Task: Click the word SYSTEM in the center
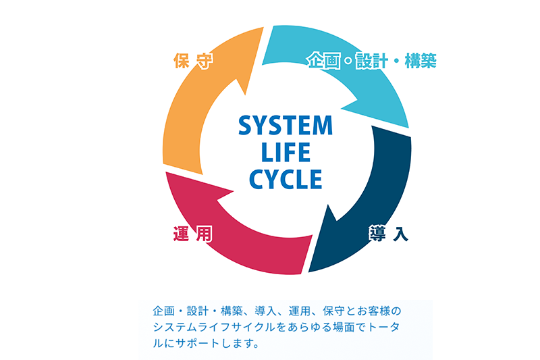point(286,126)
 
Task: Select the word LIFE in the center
point(286,153)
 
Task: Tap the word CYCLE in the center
point(286,179)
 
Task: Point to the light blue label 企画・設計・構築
point(371,61)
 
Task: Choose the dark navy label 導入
point(388,234)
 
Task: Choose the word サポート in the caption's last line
point(195,343)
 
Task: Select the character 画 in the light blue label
point(331,61)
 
